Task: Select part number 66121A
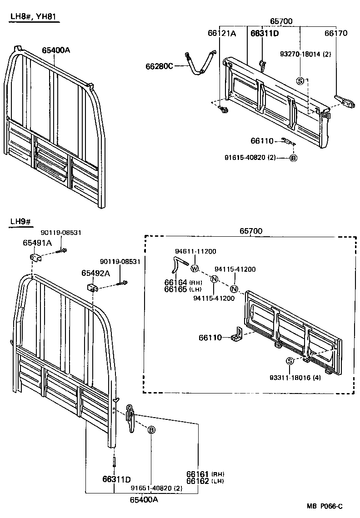tap(222, 33)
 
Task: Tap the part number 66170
tap(335, 33)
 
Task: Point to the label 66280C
tap(159, 66)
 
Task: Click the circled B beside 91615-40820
tap(293, 158)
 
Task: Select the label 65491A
tap(37, 243)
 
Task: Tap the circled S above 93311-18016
tap(289, 361)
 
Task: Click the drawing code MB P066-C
tap(324, 506)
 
